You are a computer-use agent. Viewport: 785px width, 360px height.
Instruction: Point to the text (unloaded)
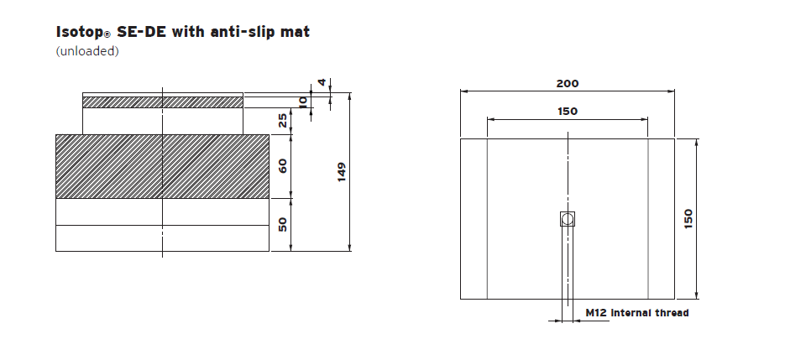87,51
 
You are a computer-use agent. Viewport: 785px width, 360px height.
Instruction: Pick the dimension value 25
283,121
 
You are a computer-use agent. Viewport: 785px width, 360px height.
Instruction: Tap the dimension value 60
283,165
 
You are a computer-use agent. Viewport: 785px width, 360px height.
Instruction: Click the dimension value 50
283,224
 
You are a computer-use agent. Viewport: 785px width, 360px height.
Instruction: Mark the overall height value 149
343,172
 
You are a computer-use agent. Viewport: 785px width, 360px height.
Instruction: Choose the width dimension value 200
568,84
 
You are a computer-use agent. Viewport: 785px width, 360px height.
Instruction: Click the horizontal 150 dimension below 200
568,111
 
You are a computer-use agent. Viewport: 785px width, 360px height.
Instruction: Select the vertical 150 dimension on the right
688,219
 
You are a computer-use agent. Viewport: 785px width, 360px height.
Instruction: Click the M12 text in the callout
596,313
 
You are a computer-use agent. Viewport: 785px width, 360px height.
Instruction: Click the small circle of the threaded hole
568,219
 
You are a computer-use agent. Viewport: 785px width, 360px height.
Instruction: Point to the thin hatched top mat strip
162,102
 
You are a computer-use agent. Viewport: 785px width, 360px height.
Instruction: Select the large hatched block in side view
162,165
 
